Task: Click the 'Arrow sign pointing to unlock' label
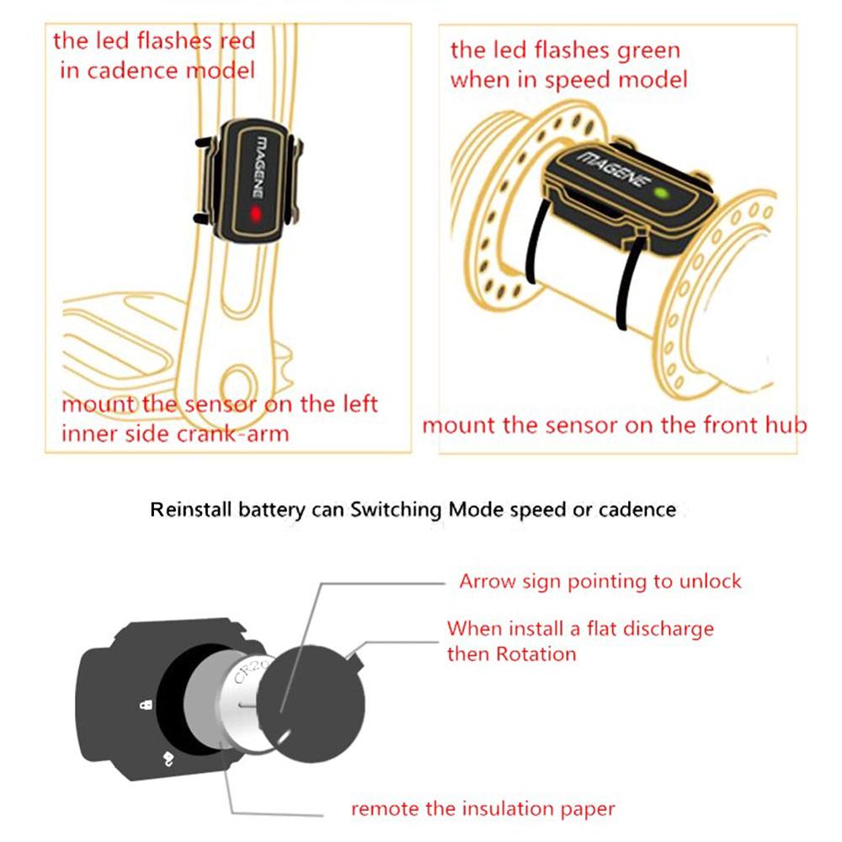[600, 582]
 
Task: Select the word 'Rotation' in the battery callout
[536, 653]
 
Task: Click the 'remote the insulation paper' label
[482, 809]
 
